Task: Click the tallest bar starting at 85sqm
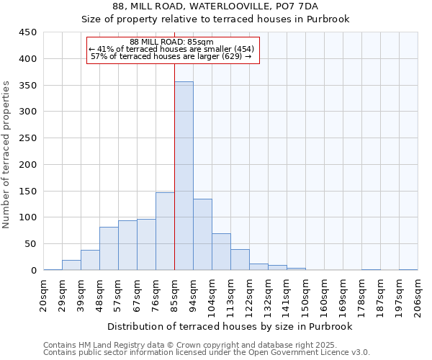[184, 176]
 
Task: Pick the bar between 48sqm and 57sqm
[109, 248]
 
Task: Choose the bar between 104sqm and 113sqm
[221, 252]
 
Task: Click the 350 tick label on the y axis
[27, 86]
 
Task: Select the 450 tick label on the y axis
[27, 32]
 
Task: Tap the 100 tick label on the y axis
[27, 217]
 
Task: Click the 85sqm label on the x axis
[175, 294]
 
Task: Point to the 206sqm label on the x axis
[418, 294]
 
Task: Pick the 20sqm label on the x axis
[44, 294]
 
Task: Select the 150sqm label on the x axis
[306, 294]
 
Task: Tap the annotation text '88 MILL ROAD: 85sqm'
[172, 42]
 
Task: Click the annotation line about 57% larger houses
[171, 56]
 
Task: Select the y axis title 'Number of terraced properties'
[6, 155]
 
